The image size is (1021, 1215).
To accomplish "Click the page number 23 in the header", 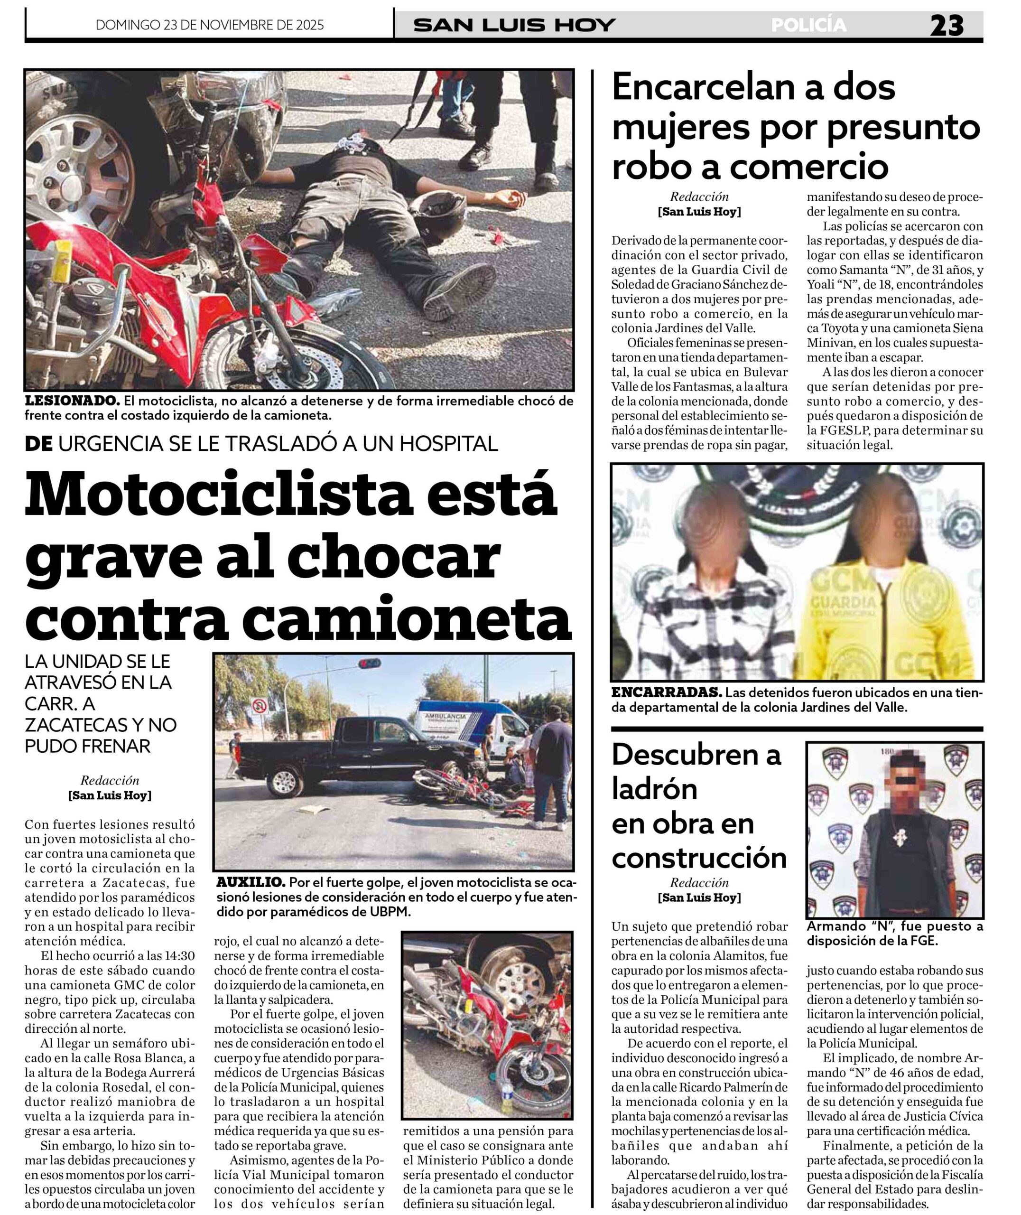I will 947,26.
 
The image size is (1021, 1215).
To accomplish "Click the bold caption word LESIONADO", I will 72,401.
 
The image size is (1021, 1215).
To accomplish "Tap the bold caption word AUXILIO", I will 250,883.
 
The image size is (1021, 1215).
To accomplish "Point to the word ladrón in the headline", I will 654,790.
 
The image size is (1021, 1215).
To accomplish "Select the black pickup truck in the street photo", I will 342,756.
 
